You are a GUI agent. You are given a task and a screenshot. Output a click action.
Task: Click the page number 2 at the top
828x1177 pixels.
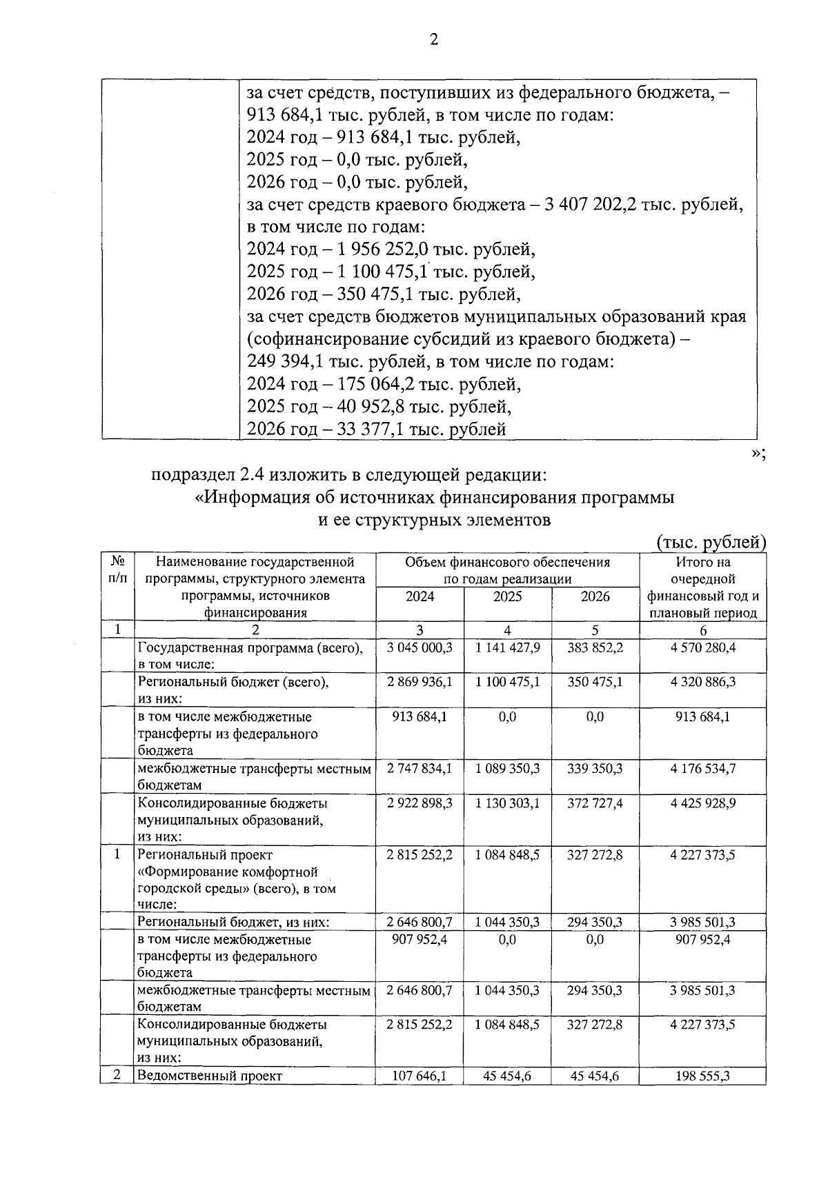(433, 40)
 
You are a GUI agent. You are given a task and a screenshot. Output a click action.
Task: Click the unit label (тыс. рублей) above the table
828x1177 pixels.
(711, 543)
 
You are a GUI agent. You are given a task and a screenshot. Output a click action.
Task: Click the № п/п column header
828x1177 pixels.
(117, 570)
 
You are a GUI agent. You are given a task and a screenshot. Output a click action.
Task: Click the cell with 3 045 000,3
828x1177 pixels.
(420, 648)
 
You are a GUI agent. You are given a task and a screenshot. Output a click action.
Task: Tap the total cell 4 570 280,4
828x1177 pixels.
(702, 648)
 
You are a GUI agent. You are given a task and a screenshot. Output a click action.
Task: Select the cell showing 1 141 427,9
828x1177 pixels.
(507, 648)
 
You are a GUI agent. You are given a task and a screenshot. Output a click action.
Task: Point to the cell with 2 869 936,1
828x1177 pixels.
(420, 683)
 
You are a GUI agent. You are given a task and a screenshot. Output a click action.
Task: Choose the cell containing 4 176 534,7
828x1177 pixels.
(702, 769)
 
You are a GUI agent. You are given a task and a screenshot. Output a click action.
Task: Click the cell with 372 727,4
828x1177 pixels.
(595, 803)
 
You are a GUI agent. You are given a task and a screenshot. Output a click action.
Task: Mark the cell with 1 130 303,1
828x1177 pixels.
(507, 803)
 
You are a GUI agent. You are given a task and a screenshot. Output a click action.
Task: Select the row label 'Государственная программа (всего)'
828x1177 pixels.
(250, 648)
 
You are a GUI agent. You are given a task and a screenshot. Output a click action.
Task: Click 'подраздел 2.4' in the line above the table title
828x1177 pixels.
(207, 475)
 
